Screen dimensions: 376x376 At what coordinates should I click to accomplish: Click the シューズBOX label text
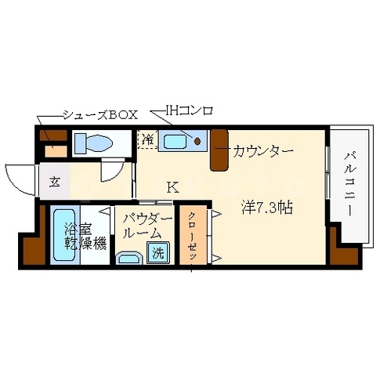pyautogui.click(x=100, y=114)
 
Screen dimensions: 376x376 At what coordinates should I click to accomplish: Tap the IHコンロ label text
pyautogui.click(x=189, y=110)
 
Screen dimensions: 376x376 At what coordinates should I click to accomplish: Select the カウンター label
pyautogui.click(x=262, y=150)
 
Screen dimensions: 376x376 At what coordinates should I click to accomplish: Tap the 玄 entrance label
pyautogui.click(x=56, y=182)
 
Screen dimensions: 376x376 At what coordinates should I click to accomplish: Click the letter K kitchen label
pyautogui.click(x=172, y=187)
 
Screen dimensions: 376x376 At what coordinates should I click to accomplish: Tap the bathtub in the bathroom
pyautogui.click(x=63, y=235)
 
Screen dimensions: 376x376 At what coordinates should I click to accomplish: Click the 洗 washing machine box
pyautogui.click(x=157, y=253)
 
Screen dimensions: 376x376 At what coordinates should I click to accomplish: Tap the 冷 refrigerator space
pyautogui.click(x=147, y=140)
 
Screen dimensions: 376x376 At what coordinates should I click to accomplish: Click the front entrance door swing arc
pyautogui.click(x=17, y=174)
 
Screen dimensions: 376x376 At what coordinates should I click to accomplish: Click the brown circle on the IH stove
pyautogui.click(x=198, y=142)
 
